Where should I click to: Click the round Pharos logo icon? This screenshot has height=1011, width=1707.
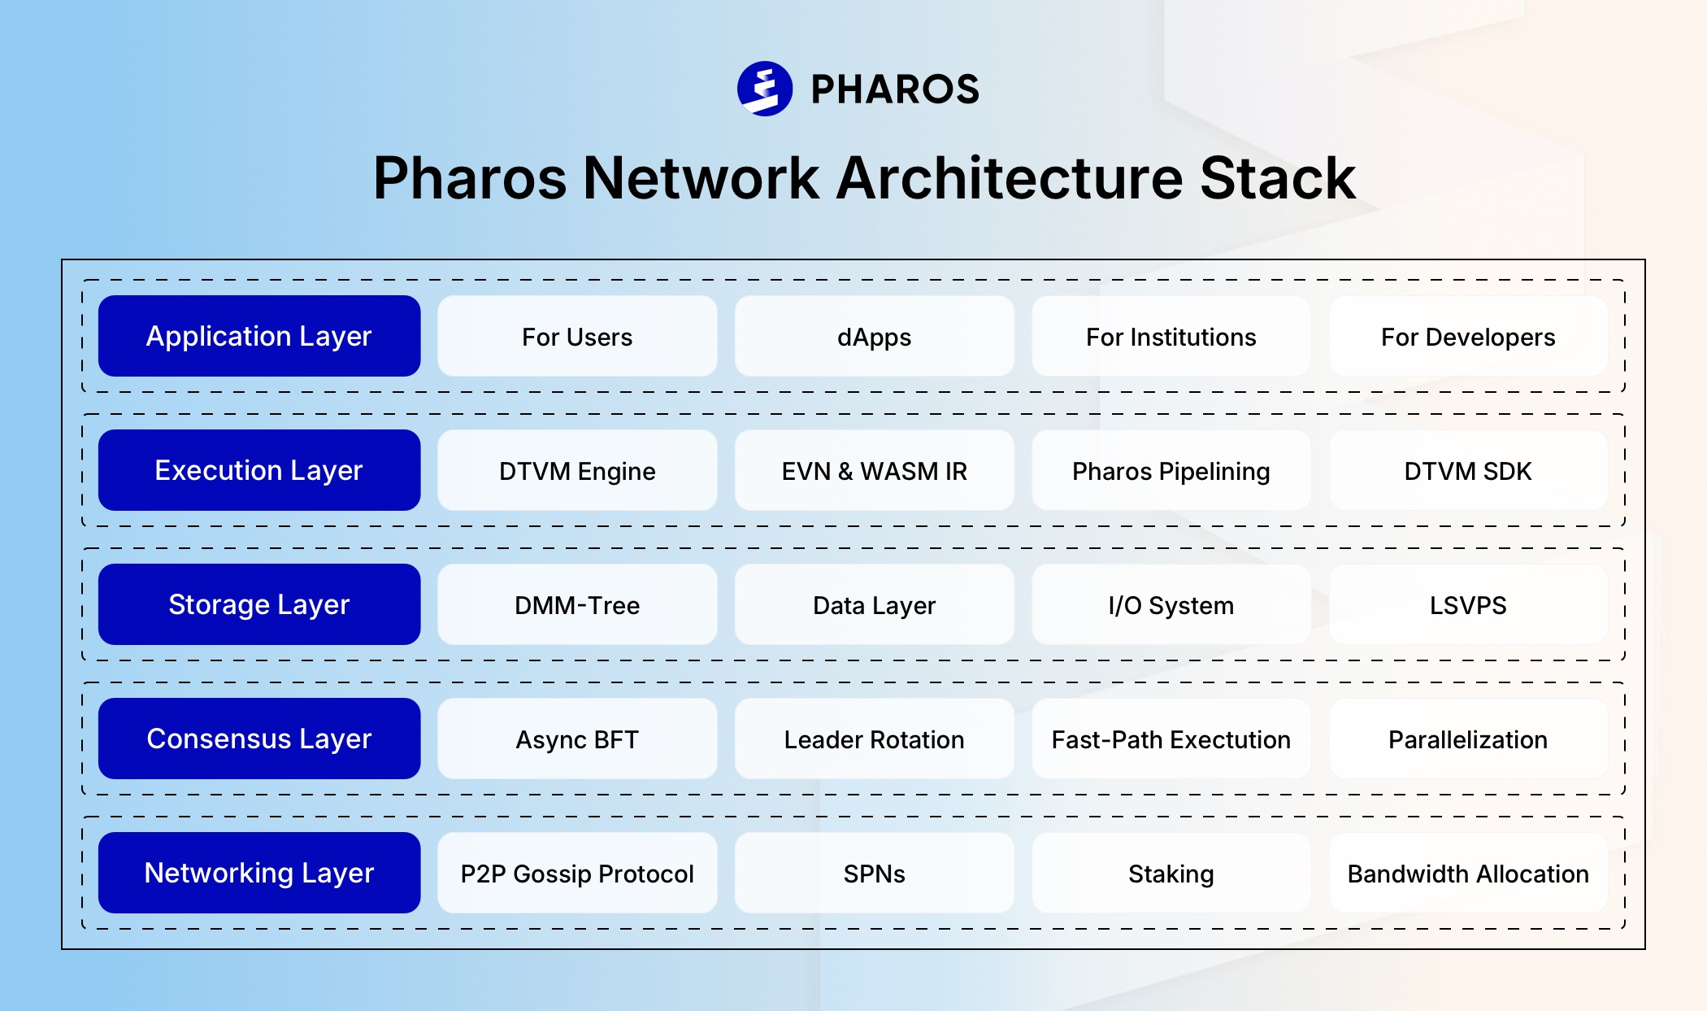764,89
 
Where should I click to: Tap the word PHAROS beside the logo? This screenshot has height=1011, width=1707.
895,89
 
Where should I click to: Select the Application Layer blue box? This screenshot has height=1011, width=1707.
259,336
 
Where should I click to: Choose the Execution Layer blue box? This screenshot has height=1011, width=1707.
259,470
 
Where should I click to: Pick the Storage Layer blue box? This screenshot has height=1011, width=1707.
259,604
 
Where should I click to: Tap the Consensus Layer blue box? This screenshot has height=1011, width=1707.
259,739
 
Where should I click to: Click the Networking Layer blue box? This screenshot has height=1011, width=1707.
259,873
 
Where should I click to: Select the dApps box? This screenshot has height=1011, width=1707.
874,336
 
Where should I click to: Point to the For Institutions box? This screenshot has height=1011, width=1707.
1171,336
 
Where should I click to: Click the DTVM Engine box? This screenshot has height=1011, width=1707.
577,470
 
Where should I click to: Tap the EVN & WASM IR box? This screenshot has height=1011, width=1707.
874,470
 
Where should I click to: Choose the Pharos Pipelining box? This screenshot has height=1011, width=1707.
1171,470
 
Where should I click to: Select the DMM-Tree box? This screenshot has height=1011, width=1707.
577,604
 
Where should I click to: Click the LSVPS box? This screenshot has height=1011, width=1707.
1468,604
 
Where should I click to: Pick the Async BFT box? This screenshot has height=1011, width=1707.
577,739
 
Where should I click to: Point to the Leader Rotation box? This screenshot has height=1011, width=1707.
874,739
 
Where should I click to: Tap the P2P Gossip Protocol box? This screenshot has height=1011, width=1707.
577,873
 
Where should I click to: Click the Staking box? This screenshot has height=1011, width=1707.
1171,873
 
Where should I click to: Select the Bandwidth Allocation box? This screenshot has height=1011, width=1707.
1468,873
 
